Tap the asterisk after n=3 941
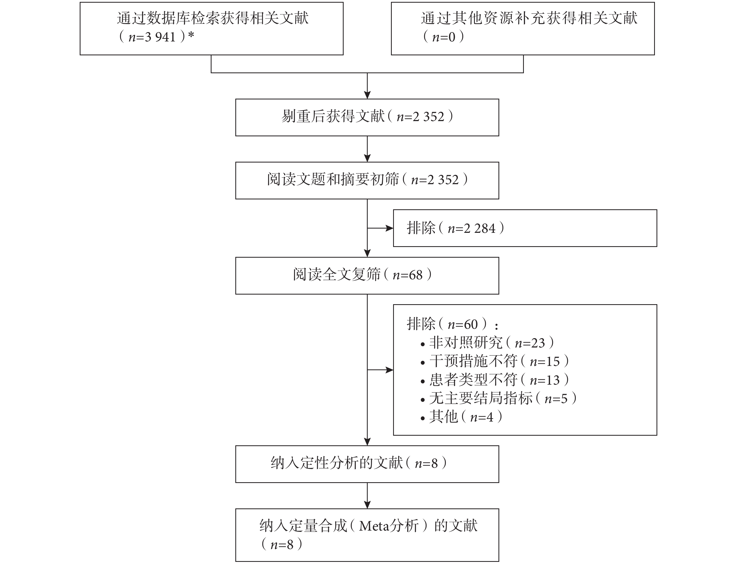coord(191,35)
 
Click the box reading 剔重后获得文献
coord(367,118)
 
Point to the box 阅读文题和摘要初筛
coord(367,181)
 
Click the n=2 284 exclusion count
coord(471,229)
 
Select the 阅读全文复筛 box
coord(367,276)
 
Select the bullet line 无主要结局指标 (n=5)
coord(498,399)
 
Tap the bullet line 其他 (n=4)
coord(461,417)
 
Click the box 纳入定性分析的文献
coord(367,464)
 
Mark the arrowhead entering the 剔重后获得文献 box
coord(367,95)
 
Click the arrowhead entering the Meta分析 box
coord(367,505)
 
